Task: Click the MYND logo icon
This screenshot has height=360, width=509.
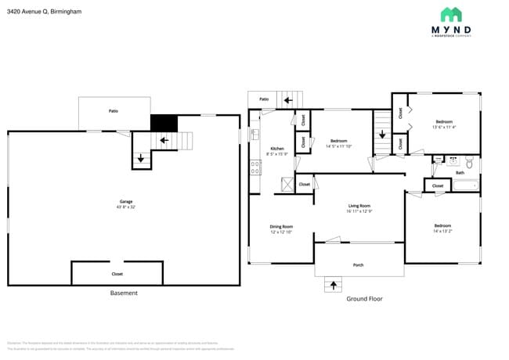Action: pos(450,14)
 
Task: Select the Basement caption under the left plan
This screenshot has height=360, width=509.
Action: pos(124,293)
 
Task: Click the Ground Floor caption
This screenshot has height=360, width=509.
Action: pos(364,299)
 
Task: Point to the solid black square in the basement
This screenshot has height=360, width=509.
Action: pos(164,123)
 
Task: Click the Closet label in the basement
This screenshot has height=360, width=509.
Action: pos(117,274)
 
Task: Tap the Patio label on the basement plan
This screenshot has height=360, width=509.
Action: pos(114,112)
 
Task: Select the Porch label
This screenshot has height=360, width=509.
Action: pos(358,265)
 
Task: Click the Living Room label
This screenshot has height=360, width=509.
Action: pos(359,207)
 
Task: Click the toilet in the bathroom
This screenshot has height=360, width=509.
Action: pos(469,163)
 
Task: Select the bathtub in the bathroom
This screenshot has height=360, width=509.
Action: pos(465,185)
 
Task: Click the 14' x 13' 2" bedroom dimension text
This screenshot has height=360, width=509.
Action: pos(442,230)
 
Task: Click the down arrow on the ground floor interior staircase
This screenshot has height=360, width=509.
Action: pos(381,135)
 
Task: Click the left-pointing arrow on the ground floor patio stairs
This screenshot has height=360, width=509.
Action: pos(287,99)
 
